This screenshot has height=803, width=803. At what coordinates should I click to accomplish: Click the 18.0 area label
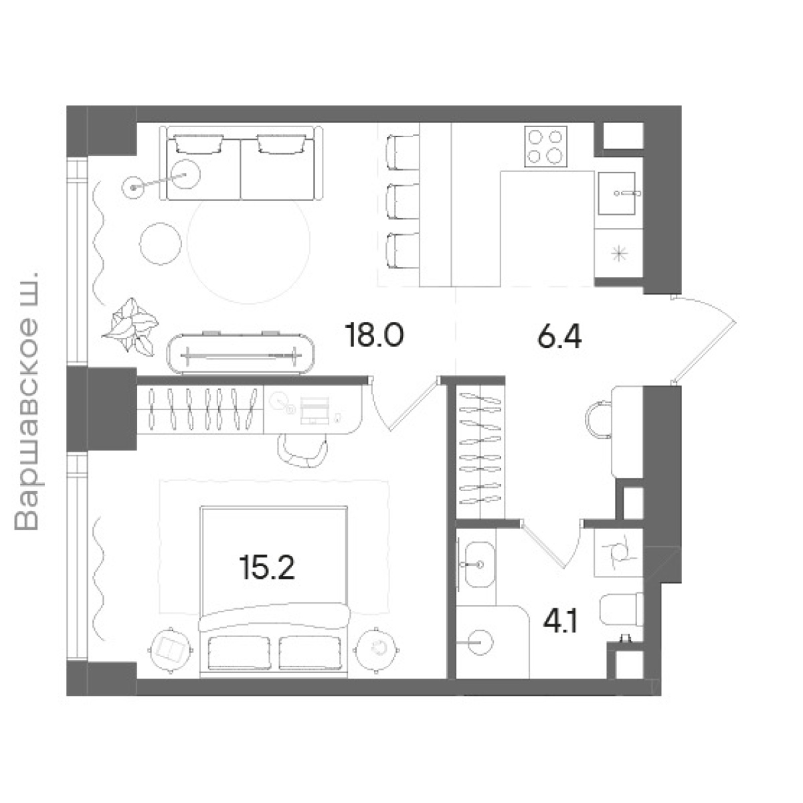pos(374,335)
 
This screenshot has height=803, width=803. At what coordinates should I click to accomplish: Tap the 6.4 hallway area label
pos(559,337)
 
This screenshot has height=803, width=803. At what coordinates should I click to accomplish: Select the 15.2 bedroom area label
pos(267,567)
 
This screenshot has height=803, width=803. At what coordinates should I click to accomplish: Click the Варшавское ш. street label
pos(26,400)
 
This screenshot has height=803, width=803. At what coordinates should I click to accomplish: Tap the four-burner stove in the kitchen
pos(545,147)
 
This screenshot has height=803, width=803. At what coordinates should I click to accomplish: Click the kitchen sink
pos(617,193)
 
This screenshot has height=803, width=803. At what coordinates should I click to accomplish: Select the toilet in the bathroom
pos(621,609)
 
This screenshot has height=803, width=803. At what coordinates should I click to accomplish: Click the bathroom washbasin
pos(478,565)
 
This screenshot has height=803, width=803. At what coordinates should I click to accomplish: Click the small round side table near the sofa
pos(161,244)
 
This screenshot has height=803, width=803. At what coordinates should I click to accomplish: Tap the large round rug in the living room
pos(248,242)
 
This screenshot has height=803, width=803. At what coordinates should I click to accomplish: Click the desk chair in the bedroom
pos(302,450)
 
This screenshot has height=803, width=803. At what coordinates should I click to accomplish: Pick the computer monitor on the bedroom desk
pos(315,410)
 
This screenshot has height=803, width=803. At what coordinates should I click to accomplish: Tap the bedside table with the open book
pos(171,650)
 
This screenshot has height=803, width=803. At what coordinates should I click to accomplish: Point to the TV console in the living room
pos(240,354)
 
